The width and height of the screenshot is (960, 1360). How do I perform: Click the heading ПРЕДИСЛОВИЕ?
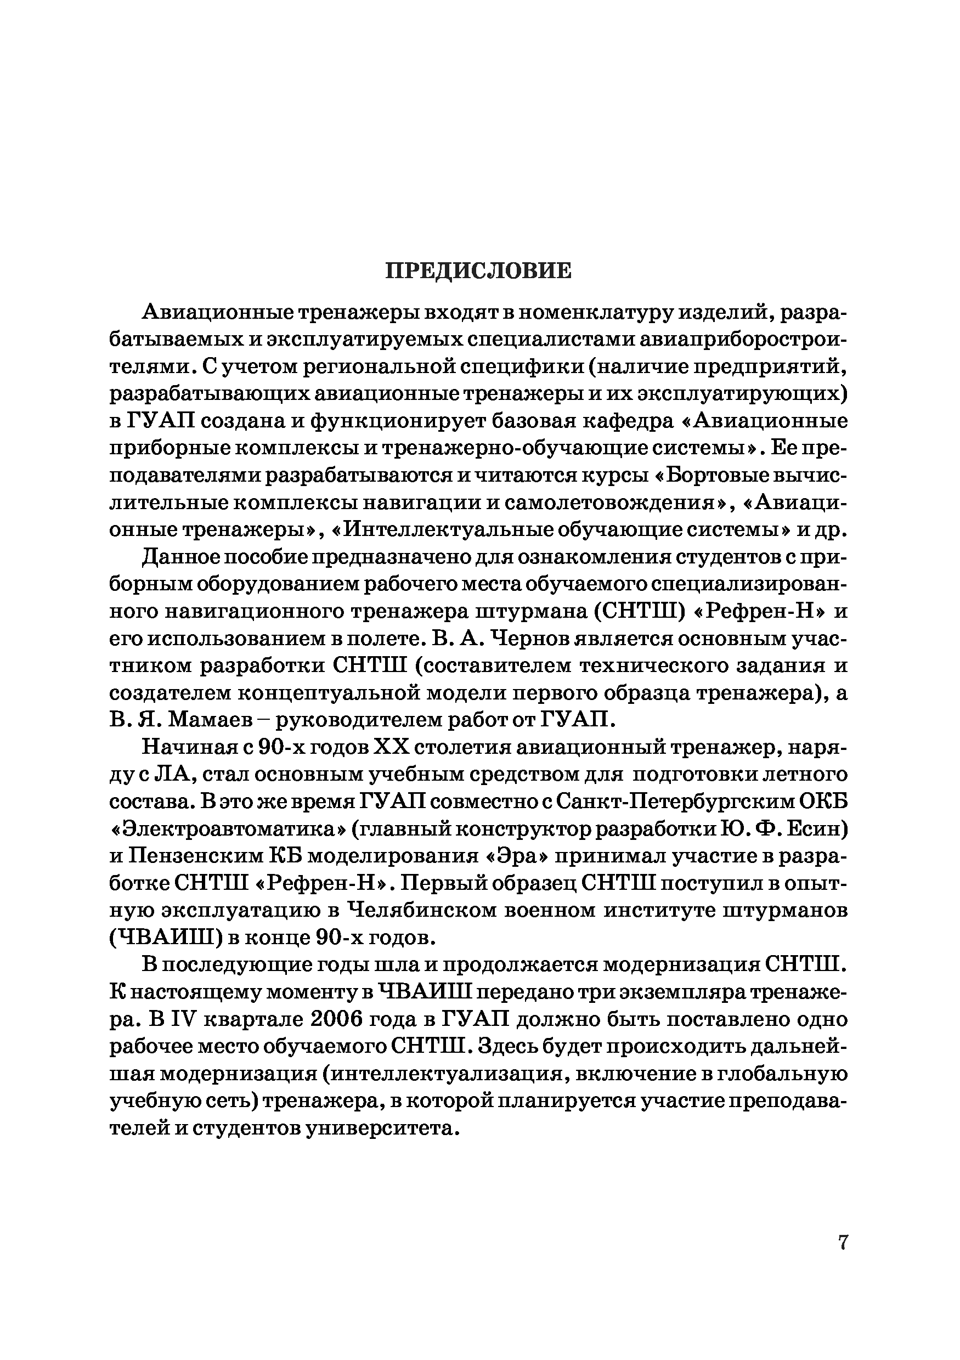[x=478, y=270]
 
